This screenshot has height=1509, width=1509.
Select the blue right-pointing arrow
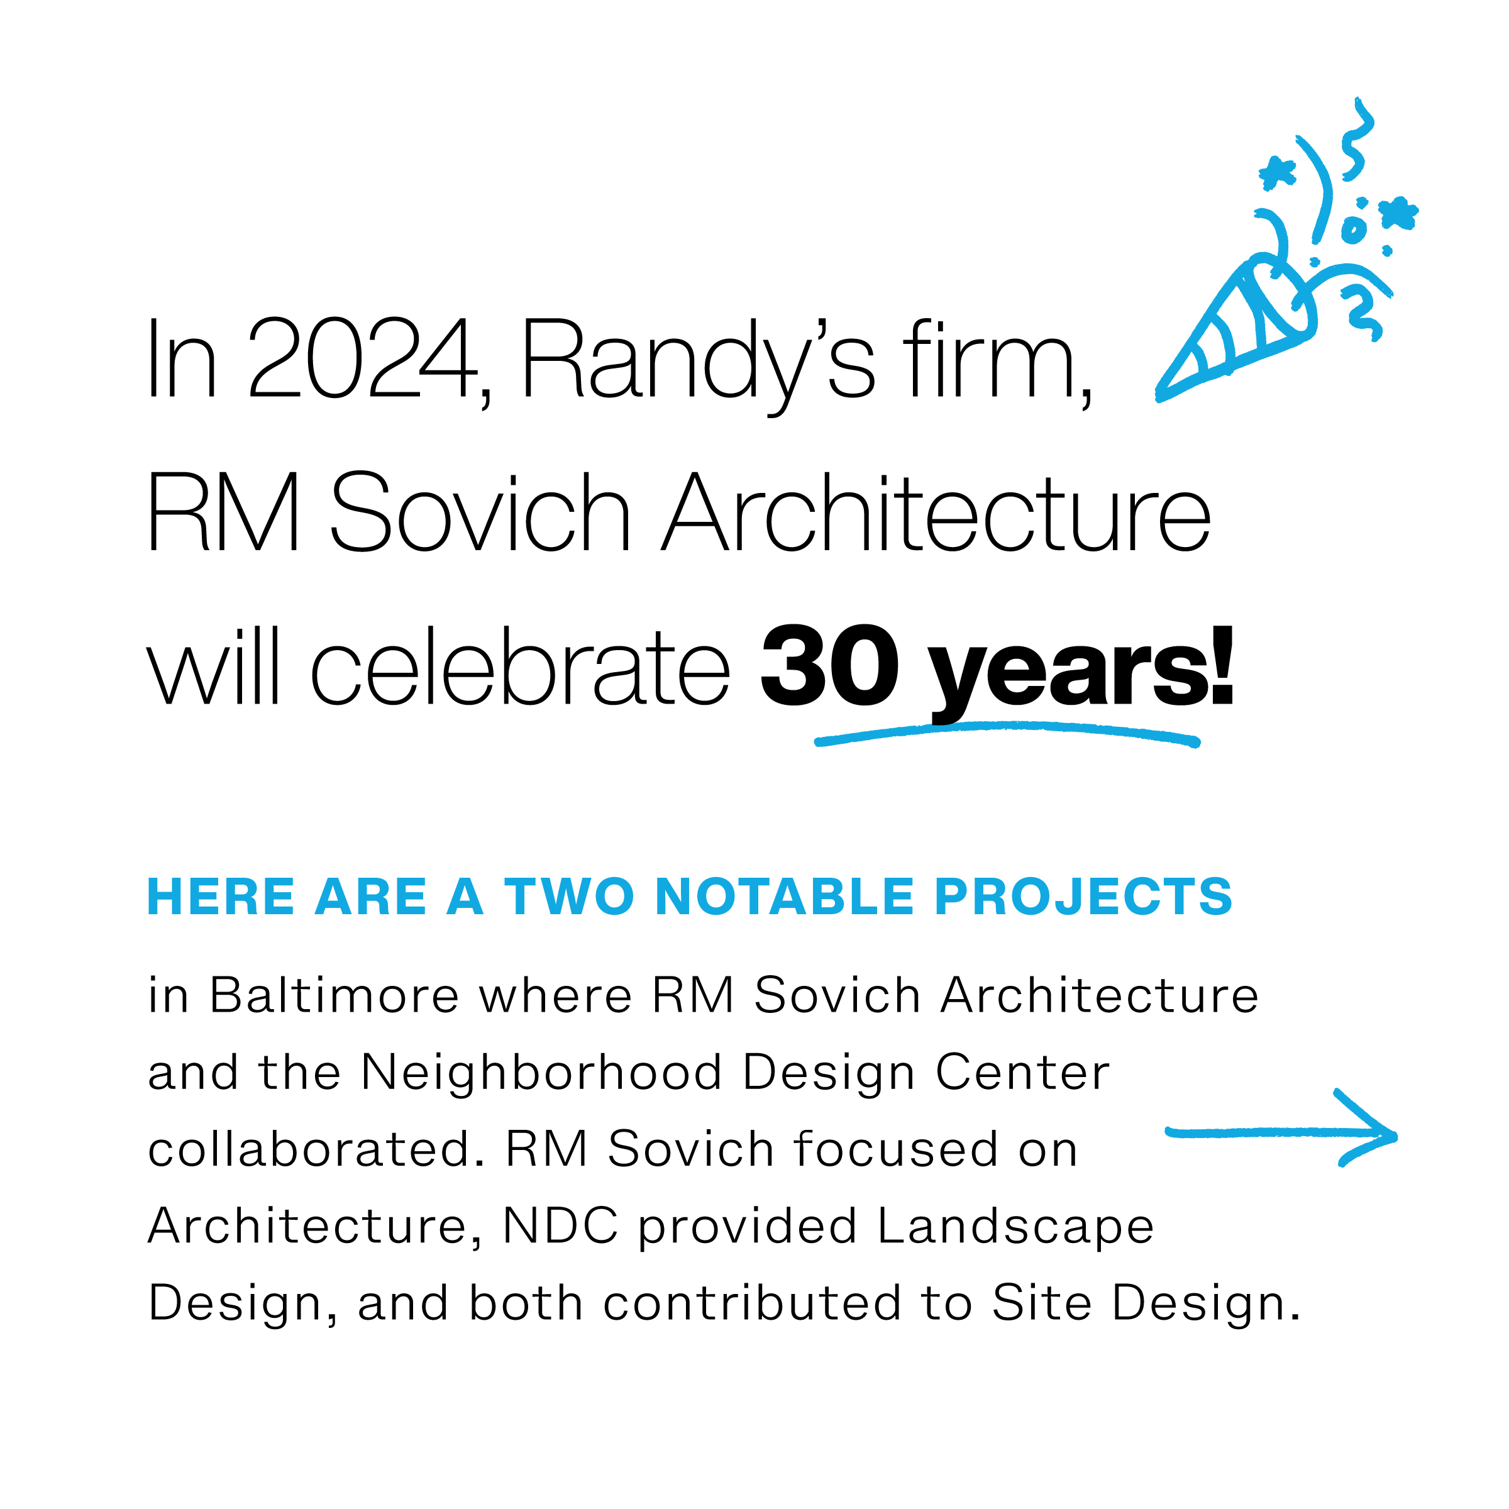click(x=1281, y=1132)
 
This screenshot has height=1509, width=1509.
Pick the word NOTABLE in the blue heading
click(x=784, y=896)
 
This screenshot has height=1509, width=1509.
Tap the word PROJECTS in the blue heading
click(x=1083, y=896)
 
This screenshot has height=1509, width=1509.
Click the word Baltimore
click(x=334, y=995)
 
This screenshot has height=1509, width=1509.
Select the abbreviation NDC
click(x=560, y=1225)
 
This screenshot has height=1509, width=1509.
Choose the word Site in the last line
click(x=1042, y=1303)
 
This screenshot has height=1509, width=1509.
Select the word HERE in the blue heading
click(x=221, y=896)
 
